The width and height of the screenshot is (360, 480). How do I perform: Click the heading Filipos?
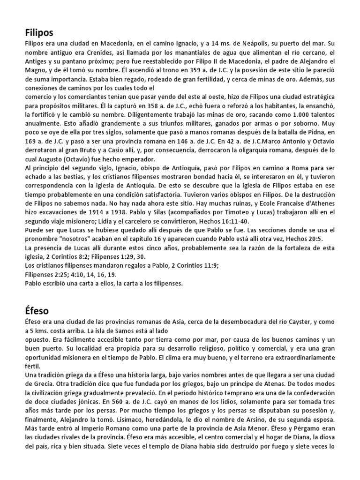coord(39,32)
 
